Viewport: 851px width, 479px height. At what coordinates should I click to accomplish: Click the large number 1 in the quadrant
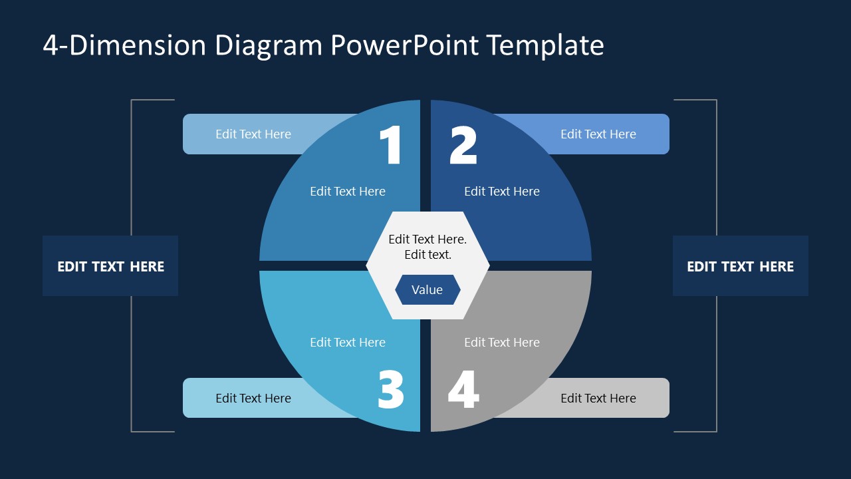392,145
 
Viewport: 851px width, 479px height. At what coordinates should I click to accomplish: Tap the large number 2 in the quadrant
463,145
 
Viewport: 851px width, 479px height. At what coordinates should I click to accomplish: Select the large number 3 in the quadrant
391,390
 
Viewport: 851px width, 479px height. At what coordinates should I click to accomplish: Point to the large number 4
463,390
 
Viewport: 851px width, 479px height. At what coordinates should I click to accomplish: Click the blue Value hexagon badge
427,290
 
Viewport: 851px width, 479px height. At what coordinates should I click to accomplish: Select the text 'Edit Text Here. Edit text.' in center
427,247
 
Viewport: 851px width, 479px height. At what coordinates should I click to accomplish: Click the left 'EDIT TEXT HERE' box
110,266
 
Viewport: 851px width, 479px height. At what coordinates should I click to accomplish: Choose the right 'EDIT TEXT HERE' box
740,266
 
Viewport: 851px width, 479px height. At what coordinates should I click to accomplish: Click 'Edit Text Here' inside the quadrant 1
348,192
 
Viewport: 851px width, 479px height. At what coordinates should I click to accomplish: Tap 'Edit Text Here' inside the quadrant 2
502,192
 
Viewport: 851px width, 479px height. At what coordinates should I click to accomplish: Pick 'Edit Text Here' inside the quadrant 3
348,343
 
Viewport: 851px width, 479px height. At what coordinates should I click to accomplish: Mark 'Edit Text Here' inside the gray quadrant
502,343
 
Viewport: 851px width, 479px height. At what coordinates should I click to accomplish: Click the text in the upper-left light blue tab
253,134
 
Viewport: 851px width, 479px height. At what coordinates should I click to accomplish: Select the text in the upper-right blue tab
598,134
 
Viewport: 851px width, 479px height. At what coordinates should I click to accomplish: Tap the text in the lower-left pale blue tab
253,399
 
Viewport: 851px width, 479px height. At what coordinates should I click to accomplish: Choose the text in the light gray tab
598,399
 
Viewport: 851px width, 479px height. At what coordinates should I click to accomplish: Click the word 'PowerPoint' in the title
404,45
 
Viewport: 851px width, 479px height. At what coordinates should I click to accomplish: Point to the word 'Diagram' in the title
268,45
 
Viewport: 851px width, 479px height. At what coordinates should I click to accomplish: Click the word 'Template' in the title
545,45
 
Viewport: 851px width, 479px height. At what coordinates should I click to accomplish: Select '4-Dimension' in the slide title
125,45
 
